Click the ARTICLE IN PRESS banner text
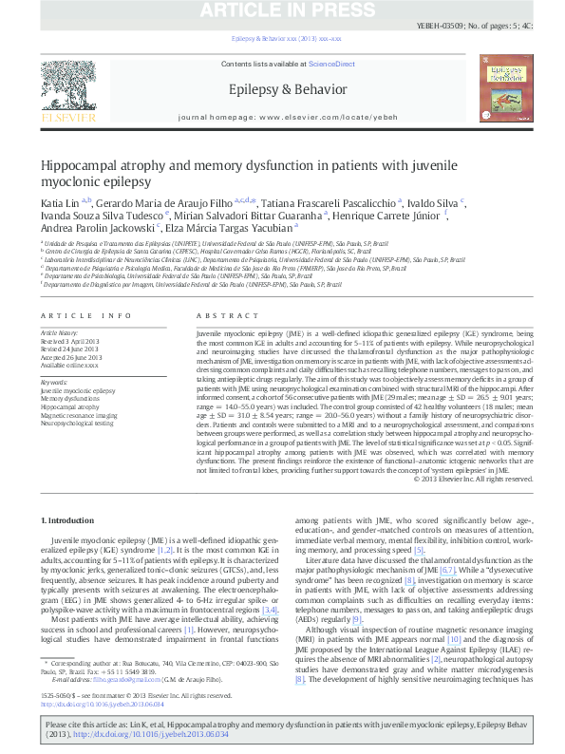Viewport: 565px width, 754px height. pyautogui.click(x=282, y=9)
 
